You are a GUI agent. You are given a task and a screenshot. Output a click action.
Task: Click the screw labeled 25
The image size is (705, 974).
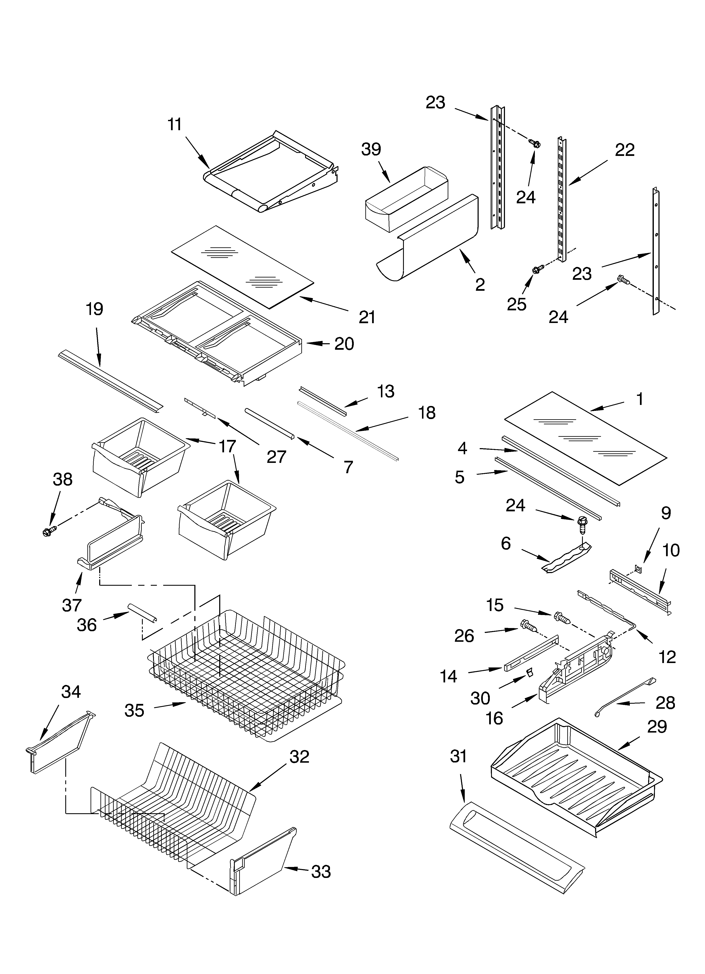537,269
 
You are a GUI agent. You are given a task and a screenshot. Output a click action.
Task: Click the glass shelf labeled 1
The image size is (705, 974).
586,438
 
